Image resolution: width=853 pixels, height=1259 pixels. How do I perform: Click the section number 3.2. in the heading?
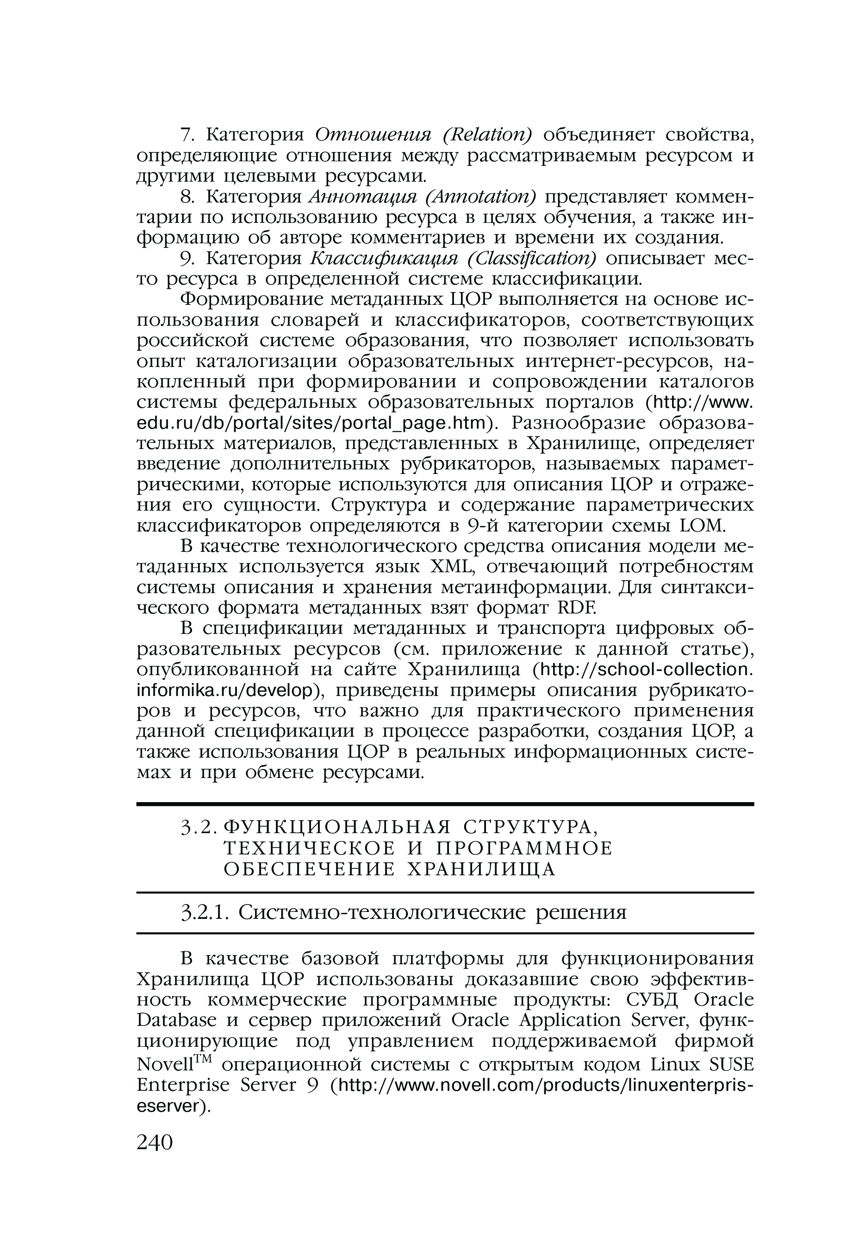199,827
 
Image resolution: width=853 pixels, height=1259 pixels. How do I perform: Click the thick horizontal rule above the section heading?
445,804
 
